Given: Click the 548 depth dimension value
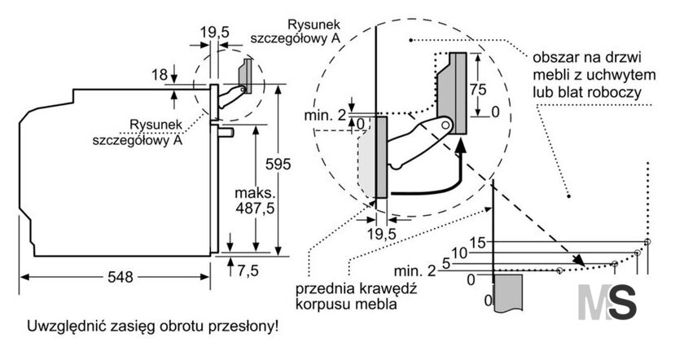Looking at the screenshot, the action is pyautogui.click(x=121, y=277).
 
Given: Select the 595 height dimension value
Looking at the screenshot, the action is pyautogui.click(x=278, y=164).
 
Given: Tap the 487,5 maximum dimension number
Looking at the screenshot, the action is pyautogui.click(x=255, y=209).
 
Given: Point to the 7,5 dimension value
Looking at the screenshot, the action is pyautogui.click(x=248, y=270).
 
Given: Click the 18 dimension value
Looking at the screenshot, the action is pyautogui.click(x=160, y=75).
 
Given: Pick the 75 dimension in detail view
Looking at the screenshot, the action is pyautogui.click(x=478, y=90).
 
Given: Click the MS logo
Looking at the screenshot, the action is pyautogui.click(x=607, y=302).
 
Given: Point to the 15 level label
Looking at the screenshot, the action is pyautogui.click(x=478, y=243).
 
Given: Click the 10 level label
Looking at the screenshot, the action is pyautogui.click(x=459, y=252).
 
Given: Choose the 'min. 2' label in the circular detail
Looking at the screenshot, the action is pyautogui.click(x=325, y=115).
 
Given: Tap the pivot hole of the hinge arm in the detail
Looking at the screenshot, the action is pyautogui.click(x=445, y=125).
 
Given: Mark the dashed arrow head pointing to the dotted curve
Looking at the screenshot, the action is pyautogui.click(x=579, y=261).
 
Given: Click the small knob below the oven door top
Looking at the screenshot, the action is pyautogui.click(x=226, y=131).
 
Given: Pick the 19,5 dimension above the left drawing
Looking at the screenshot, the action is pyautogui.click(x=215, y=32).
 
